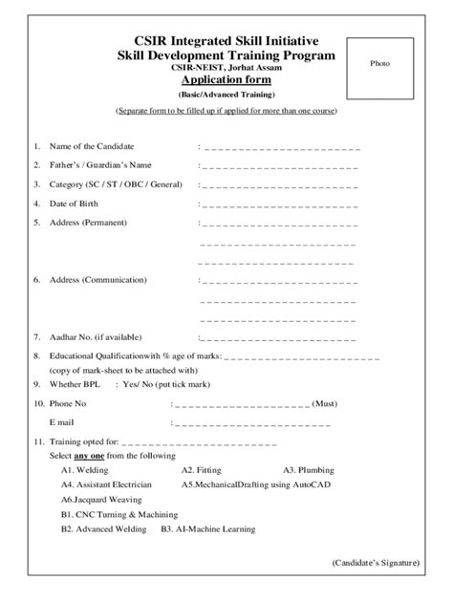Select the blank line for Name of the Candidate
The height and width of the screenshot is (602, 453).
[279, 148]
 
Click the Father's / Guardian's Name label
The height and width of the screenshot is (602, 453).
[99, 165]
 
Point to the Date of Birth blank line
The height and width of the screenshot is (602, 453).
[279, 204]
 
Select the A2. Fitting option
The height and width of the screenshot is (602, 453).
[201, 470]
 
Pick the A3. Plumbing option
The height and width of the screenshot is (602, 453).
[308, 470]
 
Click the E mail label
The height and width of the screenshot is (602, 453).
[65, 420]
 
